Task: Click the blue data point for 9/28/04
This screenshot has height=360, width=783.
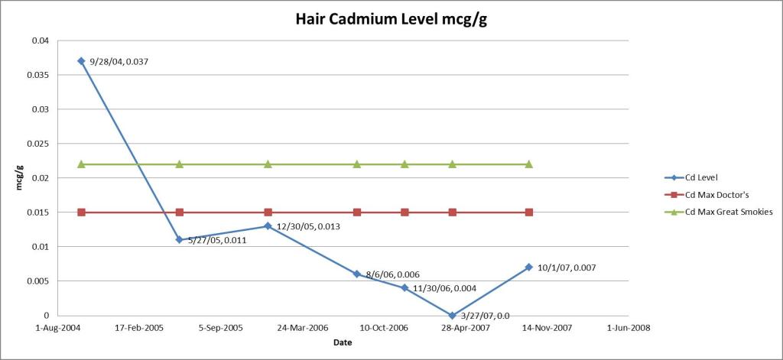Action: coord(81,61)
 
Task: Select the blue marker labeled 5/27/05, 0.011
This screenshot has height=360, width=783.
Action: coord(179,239)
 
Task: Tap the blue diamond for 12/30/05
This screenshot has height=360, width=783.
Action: coord(268,225)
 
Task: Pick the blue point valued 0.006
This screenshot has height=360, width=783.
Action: coord(357,274)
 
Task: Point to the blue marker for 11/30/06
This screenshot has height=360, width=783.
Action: coord(404,287)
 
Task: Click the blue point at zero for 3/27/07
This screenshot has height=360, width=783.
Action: coord(453,315)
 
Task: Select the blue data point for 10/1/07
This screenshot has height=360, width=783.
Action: coord(529,267)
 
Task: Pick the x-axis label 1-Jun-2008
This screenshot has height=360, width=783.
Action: coord(628,327)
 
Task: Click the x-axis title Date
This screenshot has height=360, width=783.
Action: coord(343,342)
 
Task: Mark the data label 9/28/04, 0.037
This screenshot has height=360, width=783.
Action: coord(119,61)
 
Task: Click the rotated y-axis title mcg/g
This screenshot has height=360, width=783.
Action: coord(19,177)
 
